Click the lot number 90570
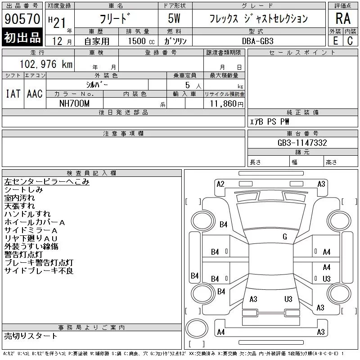click(x=22, y=18)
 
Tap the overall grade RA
click(x=343, y=18)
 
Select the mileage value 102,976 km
click(x=46, y=64)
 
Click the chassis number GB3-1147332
click(x=302, y=143)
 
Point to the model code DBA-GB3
click(x=257, y=41)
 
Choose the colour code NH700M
click(x=74, y=103)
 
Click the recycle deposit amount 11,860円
click(x=227, y=104)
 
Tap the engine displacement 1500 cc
click(x=141, y=41)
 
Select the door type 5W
click(x=174, y=18)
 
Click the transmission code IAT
click(x=13, y=94)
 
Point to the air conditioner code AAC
click(x=35, y=94)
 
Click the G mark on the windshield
click(x=285, y=237)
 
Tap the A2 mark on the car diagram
click(x=220, y=184)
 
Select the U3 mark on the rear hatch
click(x=288, y=299)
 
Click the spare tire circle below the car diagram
click(x=197, y=328)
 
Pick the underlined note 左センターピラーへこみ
click(x=47, y=182)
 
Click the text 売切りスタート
click(x=31, y=336)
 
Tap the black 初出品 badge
click(x=22, y=37)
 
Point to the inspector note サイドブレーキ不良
click(x=39, y=271)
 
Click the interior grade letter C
click(x=350, y=41)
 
